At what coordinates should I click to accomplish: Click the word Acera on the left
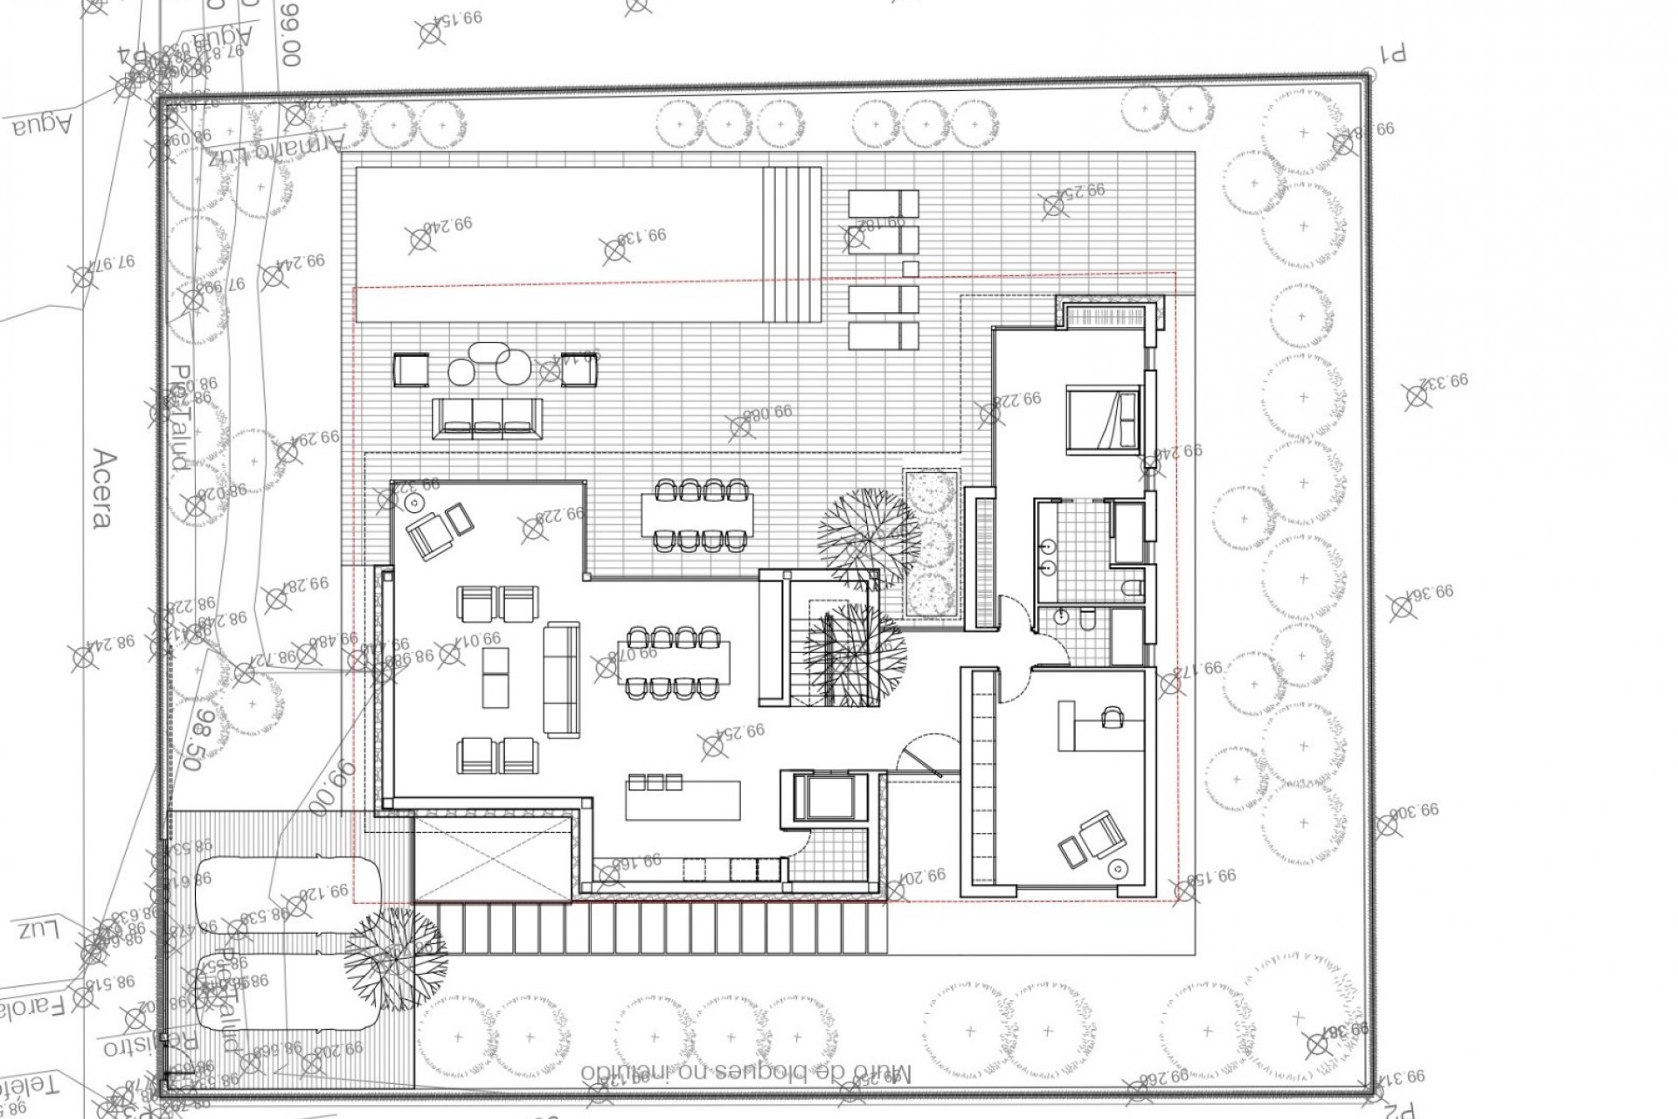102,489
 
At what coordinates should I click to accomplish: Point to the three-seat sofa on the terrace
487,418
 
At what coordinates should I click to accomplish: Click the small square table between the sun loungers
910,268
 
